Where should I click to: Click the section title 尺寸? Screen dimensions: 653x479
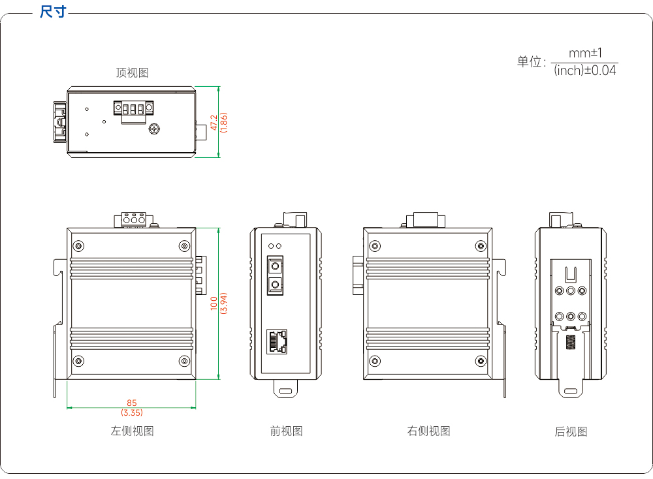pyautogui.click(x=53, y=11)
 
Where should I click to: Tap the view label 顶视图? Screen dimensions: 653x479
pyautogui.click(x=132, y=73)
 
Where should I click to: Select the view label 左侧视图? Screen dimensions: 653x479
pyautogui.click(x=132, y=431)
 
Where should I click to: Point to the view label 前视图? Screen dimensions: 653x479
pyautogui.click(x=286, y=431)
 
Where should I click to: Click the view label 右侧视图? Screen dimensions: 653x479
pyautogui.click(x=428, y=431)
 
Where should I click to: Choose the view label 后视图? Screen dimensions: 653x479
pyautogui.click(x=571, y=431)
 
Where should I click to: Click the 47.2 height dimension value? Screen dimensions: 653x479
pyautogui.click(x=214, y=122)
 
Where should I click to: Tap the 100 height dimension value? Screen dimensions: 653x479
pyautogui.click(x=214, y=303)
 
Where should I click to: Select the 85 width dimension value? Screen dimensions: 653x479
pyautogui.click(x=132, y=403)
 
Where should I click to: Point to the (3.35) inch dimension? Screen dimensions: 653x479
pyautogui.click(x=132, y=412)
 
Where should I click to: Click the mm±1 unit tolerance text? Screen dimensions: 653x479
pyautogui.click(x=585, y=54)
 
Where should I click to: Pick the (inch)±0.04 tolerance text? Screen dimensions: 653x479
pyautogui.click(x=584, y=70)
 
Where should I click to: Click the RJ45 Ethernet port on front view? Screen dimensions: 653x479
pyautogui.click(x=277, y=341)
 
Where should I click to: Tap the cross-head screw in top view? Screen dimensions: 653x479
pyautogui.click(x=154, y=129)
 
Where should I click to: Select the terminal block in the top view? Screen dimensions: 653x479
pyautogui.click(x=133, y=112)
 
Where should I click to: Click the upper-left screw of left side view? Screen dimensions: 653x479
pyautogui.click(x=78, y=246)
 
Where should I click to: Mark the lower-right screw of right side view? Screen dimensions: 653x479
pyautogui.click(x=481, y=361)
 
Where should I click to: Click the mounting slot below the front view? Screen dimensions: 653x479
pyautogui.click(x=285, y=391)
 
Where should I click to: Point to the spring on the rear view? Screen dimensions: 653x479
pyautogui.click(x=571, y=342)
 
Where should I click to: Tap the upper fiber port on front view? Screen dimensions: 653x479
pyautogui.click(x=275, y=266)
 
